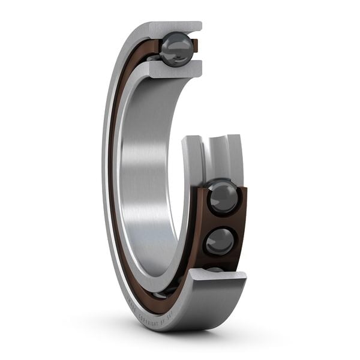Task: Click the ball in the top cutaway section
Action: [x=176, y=49]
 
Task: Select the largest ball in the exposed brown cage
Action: [x=223, y=197]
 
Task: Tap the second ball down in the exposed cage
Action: [x=220, y=241]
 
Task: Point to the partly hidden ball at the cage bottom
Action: [x=215, y=269]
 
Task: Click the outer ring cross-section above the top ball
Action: [x=175, y=28]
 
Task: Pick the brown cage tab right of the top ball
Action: [x=194, y=44]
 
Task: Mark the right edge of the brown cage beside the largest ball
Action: [x=242, y=198]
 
